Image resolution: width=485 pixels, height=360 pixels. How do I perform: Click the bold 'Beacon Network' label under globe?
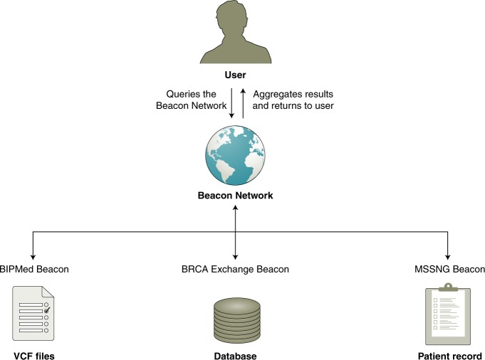click(235, 194)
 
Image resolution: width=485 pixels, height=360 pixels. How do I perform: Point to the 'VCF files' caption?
click(33, 354)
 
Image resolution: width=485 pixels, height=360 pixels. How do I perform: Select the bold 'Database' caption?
click(235, 354)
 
